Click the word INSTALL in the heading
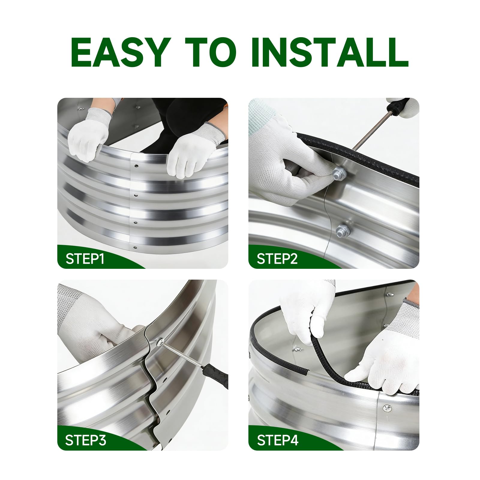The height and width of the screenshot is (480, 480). [330, 52]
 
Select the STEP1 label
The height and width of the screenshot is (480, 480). [85, 259]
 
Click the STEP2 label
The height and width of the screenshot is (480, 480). [277, 259]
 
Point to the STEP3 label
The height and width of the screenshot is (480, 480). [85, 440]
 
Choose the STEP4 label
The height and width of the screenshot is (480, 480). [277, 440]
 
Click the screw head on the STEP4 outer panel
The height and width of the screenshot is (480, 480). [387, 407]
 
